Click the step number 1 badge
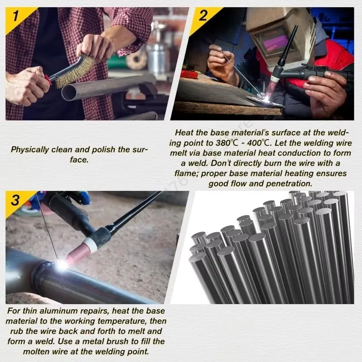[15, 18]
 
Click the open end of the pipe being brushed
[69, 93]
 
